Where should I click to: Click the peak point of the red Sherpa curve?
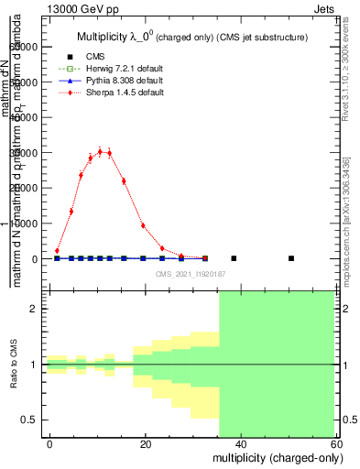(100, 151)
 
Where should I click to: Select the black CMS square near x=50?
(291, 258)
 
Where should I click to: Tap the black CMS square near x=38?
(234, 258)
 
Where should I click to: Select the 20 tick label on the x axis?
(145, 444)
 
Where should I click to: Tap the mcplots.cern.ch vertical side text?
(346, 229)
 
